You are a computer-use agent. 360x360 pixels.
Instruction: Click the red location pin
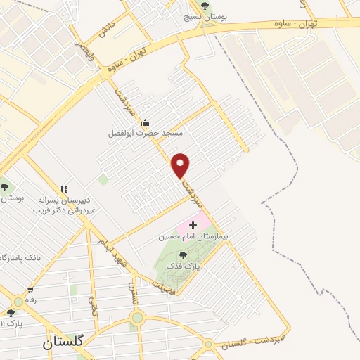click(181, 165)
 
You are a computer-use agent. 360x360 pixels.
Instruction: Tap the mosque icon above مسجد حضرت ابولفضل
click(146, 122)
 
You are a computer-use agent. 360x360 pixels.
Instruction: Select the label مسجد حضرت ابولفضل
click(146, 133)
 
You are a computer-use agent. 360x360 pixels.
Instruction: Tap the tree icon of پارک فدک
click(184, 256)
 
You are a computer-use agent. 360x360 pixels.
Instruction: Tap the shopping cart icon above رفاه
click(30, 290)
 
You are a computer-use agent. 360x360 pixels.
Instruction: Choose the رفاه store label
click(30, 300)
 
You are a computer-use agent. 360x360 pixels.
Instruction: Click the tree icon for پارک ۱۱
click(10, 313)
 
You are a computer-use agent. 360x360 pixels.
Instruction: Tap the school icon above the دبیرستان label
click(64, 189)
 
